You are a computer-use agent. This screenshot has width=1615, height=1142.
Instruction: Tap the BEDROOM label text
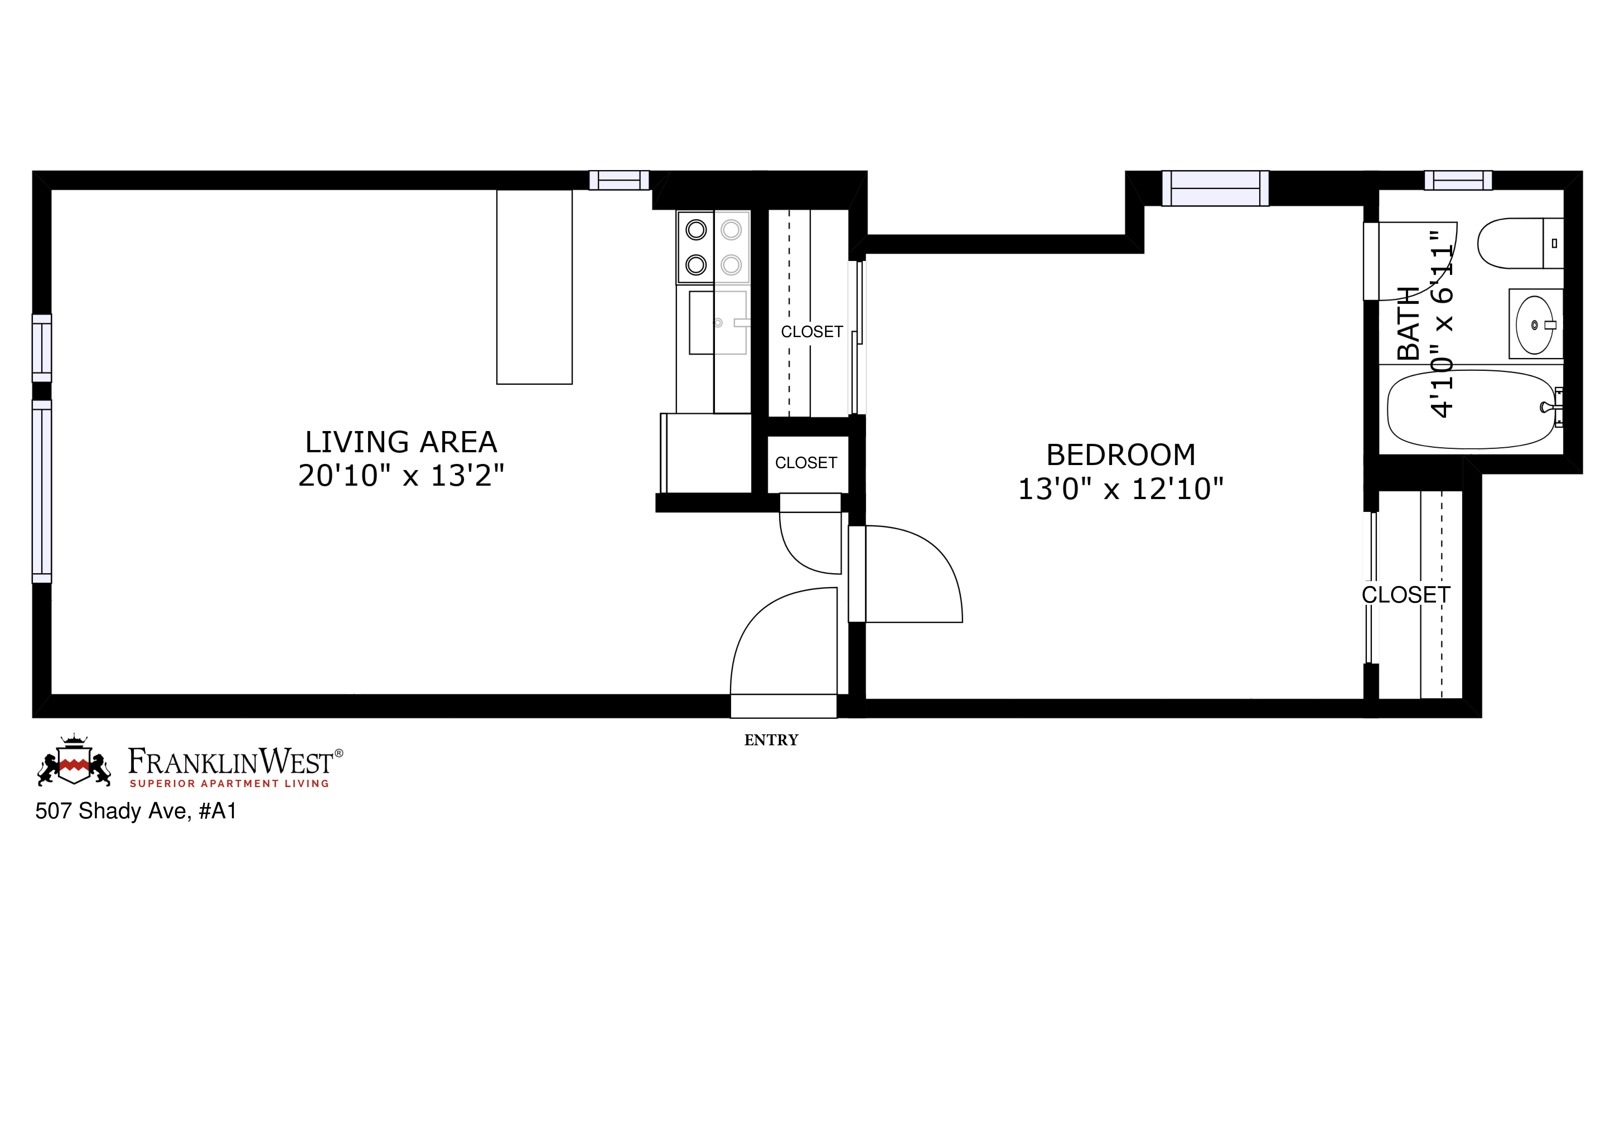1121,455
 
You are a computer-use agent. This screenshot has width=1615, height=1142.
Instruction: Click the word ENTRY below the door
771,740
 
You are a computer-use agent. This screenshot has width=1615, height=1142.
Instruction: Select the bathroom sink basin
1533,325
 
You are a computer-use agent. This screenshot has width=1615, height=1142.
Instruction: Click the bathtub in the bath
1470,409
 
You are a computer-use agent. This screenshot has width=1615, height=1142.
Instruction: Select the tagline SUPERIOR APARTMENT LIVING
229,783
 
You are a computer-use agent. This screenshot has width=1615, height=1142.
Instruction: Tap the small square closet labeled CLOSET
806,463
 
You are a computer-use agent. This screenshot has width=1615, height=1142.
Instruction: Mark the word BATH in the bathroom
1408,323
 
